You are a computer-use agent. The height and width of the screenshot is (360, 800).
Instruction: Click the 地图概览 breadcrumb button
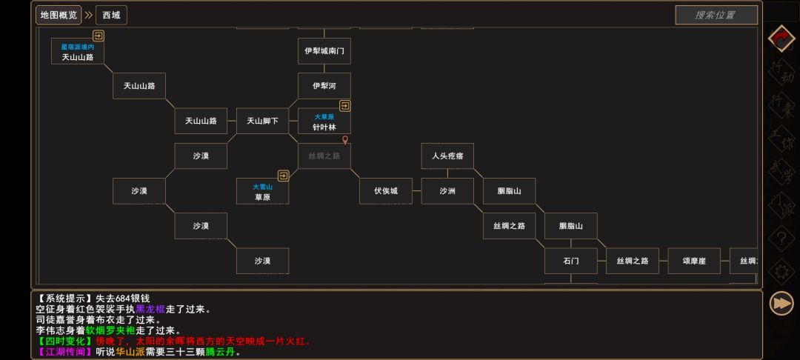click(x=58, y=15)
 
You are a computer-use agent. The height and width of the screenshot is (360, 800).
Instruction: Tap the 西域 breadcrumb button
click(x=111, y=15)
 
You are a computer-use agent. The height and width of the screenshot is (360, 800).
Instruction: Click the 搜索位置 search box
click(x=716, y=15)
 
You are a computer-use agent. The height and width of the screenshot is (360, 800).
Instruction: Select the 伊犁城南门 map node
click(x=324, y=51)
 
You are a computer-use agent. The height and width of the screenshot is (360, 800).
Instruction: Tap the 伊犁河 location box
click(x=324, y=86)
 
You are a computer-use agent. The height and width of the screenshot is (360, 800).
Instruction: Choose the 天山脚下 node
click(x=262, y=121)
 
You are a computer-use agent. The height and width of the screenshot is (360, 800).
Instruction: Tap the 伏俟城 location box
click(x=385, y=191)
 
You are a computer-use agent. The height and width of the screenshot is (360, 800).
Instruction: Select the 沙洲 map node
click(x=447, y=191)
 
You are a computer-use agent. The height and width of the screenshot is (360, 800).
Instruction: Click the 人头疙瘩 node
click(x=447, y=156)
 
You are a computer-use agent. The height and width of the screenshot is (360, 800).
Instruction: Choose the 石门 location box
click(x=570, y=261)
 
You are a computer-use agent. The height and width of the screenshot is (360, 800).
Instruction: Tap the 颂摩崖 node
click(x=694, y=261)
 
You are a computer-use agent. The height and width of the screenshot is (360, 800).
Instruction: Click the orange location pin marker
click(x=344, y=140)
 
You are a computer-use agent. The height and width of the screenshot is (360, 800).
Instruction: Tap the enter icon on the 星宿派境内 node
click(x=98, y=36)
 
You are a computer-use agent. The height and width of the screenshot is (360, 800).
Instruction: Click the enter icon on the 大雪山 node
click(x=283, y=176)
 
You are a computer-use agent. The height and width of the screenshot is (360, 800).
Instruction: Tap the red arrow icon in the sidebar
click(x=781, y=39)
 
